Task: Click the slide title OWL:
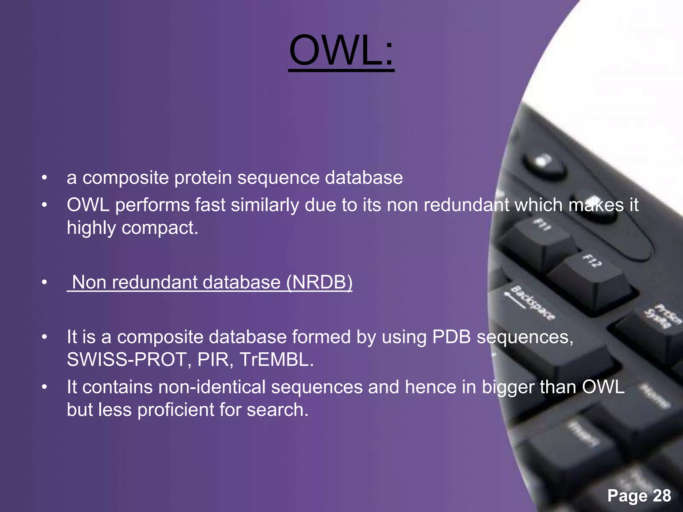(341, 52)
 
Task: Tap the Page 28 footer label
(639, 495)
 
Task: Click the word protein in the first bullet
(203, 178)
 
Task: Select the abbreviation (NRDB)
(319, 282)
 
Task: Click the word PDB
(451, 337)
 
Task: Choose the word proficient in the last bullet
(175, 410)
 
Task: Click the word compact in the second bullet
(160, 228)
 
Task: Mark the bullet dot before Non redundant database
(45, 283)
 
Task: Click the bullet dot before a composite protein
(45, 178)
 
